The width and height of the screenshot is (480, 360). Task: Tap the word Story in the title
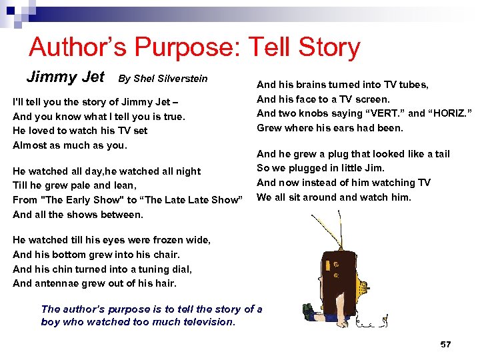pyautogui.click(x=326, y=47)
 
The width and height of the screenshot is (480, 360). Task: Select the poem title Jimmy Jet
pyautogui.click(x=65, y=77)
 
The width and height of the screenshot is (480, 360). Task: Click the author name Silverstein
pyautogui.click(x=181, y=79)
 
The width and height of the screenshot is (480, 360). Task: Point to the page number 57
pyautogui.click(x=446, y=344)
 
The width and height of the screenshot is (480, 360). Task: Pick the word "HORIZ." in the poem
pyautogui.click(x=448, y=113)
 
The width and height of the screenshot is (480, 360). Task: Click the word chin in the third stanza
pyautogui.click(x=64, y=269)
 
